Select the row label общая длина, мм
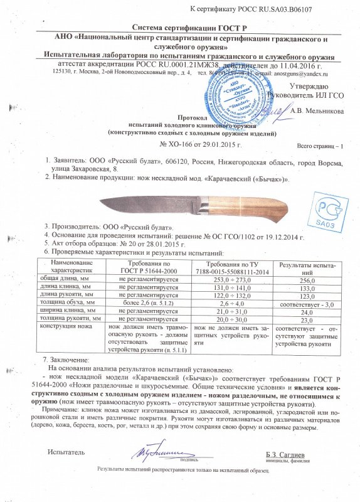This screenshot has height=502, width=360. pyautogui.click(x=68, y=282)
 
